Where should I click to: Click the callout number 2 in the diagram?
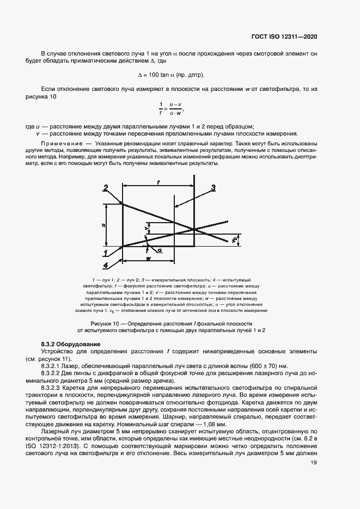[x=105, y=188]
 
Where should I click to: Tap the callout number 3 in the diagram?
[x=213, y=188]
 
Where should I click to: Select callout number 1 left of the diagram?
[x=104, y=252]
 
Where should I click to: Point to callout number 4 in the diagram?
[x=104, y=265]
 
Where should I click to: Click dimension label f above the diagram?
[x=158, y=184]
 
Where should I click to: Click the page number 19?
[x=314, y=463]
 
